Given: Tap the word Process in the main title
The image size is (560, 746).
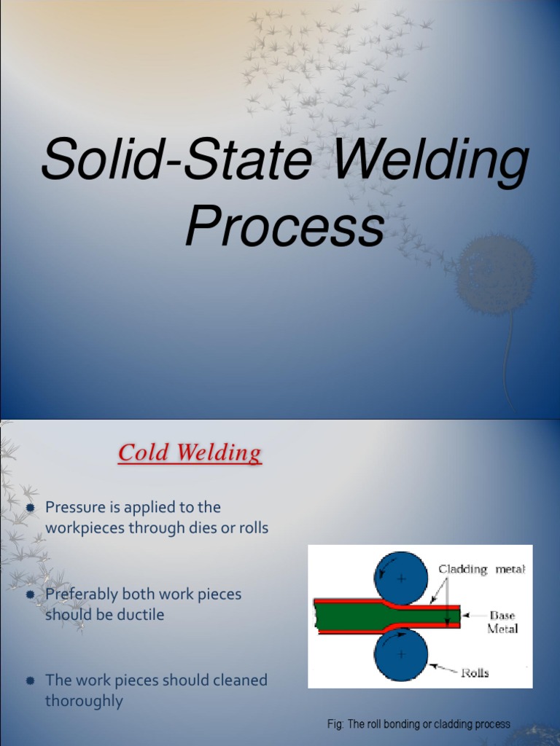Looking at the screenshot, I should (284, 227).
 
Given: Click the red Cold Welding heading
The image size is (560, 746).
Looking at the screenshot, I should (190, 453).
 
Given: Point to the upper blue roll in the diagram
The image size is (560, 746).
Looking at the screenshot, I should (400, 578).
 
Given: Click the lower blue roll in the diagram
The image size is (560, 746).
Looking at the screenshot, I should (400, 654).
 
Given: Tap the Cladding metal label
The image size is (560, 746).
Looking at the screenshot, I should (481, 570).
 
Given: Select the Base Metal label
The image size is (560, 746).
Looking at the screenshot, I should (502, 621).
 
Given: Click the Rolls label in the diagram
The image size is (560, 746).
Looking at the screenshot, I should (474, 673).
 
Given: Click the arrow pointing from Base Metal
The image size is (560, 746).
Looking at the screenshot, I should (475, 616).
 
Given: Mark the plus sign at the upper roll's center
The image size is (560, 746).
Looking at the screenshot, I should (400, 578).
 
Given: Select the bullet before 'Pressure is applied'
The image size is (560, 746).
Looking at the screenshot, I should (31, 508).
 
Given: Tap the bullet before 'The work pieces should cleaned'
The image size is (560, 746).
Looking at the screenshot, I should (31, 681).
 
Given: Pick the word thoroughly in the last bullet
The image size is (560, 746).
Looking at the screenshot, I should (84, 701).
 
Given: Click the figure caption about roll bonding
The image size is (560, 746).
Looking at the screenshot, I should (419, 724).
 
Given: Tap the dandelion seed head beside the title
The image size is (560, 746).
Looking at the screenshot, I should (496, 273).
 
